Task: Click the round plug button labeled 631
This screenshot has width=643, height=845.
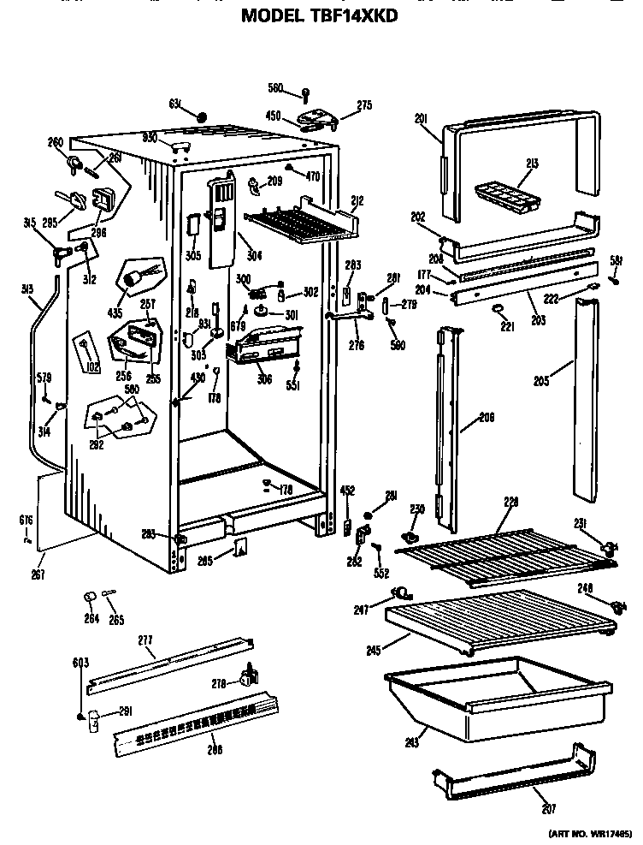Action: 201,116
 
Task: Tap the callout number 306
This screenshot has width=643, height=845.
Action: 265,378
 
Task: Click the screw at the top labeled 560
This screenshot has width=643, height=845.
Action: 304,92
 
